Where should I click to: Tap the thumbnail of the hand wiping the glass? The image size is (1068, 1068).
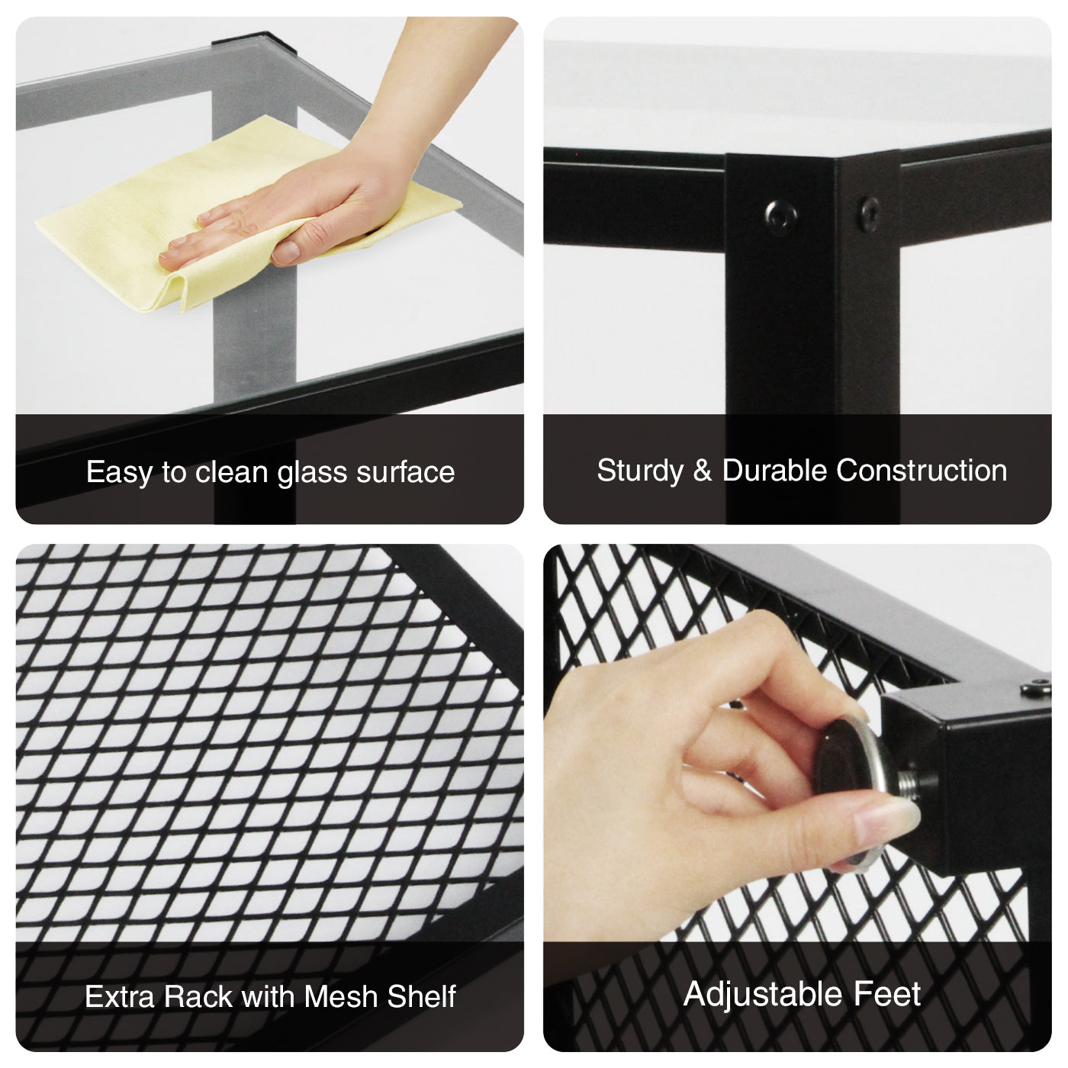(269, 270)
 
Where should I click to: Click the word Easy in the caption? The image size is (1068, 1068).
(119, 472)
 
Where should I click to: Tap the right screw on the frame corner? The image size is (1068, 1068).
(870, 214)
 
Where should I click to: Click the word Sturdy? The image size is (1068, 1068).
(640, 471)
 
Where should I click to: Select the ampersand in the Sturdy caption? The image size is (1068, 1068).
(703, 471)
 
